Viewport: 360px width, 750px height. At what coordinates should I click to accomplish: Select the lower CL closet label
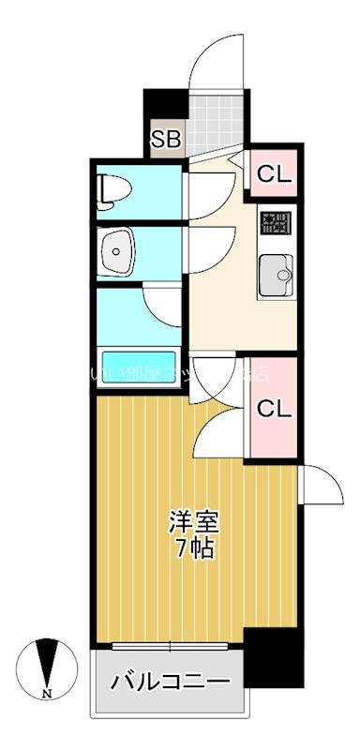point(274,409)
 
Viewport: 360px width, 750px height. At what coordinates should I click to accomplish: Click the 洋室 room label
point(192,522)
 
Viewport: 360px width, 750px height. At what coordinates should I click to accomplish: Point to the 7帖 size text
point(192,547)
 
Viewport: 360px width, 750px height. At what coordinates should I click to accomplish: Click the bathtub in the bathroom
point(139,368)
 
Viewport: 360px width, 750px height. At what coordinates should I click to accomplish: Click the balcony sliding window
point(169,647)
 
